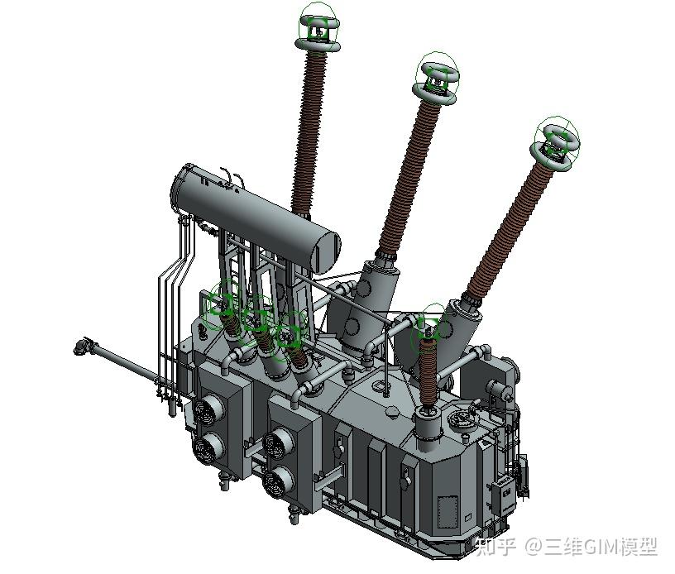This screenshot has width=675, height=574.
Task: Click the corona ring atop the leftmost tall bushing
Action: (318, 45)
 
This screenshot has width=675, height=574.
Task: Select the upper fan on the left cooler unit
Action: (208, 408)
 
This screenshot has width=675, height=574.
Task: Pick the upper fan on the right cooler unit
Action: (279, 442)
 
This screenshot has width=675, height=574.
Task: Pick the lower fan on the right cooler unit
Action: (278, 482)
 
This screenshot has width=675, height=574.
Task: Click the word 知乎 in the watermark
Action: (495, 547)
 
